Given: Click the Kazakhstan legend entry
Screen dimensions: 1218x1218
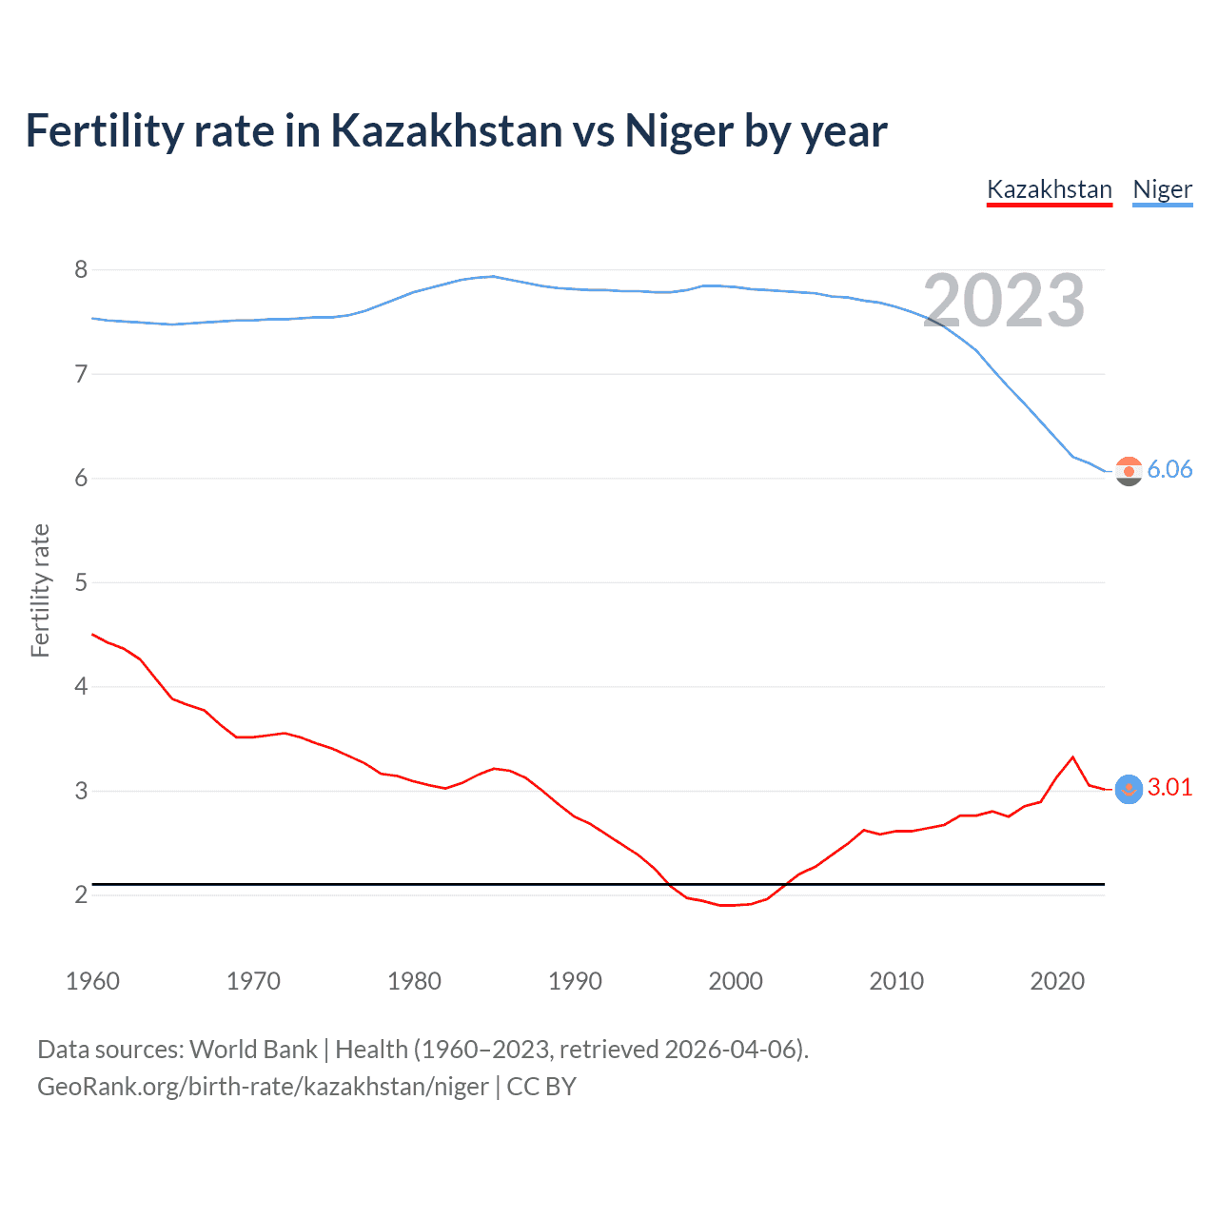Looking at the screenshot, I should pyautogui.click(x=1049, y=189).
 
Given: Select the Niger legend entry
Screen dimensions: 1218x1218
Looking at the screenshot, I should pyautogui.click(x=1162, y=189).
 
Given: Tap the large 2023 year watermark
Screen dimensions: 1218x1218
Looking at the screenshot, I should pyautogui.click(x=1004, y=301).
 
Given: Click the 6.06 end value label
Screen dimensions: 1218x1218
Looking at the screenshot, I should pyautogui.click(x=1169, y=469).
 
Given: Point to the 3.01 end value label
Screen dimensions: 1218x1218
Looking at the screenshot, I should pyautogui.click(x=1169, y=787).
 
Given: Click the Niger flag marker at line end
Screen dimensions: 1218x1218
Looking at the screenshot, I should pyautogui.click(x=1129, y=471).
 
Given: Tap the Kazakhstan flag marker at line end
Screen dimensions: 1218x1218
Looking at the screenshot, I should pyautogui.click(x=1129, y=789).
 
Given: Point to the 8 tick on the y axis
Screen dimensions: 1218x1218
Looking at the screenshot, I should pyautogui.click(x=81, y=270).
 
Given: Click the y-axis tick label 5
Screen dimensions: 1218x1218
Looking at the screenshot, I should pyautogui.click(x=81, y=582).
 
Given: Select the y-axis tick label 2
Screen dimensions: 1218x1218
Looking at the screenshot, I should pyautogui.click(x=81, y=895).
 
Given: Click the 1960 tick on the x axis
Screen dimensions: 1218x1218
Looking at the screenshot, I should pyautogui.click(x=92, y=981).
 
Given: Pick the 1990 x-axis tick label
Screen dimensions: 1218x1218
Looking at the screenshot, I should pyautogui.click(x=575, y=981).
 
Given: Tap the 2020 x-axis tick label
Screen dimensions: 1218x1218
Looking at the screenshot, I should pyautogui.click(x=1057, y=981).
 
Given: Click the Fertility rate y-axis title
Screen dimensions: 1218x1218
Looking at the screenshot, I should pyautogui.click(x=40, y=590).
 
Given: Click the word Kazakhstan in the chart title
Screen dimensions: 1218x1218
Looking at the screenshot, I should pyautogui.click(x=446, y=130).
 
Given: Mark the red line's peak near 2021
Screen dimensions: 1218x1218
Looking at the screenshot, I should pyautogui.click(x=1073, y=757).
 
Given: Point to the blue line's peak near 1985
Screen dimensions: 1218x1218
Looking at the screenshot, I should pyautogui.click(x=492, y=276).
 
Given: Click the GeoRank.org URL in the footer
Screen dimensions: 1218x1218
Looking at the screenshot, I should pyautogui.click(x=263, y=1087).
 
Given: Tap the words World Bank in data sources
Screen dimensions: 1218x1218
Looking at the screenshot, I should pyautogui.click(x=253, y=1050).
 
